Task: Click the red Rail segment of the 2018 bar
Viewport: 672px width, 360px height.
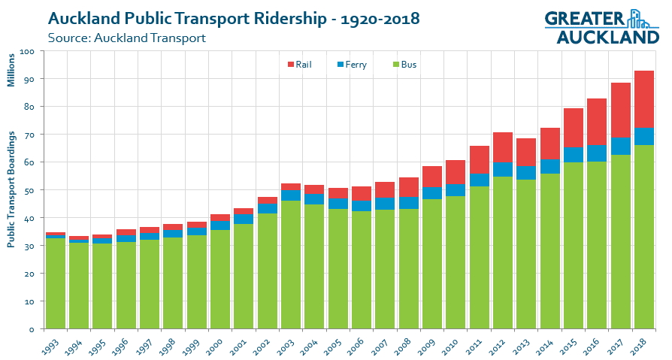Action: pyautogui.click(x=643, y=99)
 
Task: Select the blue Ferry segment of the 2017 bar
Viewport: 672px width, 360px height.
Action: pyautogui.click(x=620, y=147)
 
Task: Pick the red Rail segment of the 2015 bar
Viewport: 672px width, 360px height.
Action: pyautogui.click(x=574, y=128)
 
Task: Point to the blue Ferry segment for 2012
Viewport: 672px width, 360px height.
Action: pyautogui.click(x=503, y=169)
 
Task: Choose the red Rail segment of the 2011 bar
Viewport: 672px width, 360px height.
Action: pyautogui.click(x=480, y=160)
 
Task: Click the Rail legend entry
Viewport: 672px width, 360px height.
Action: pyautogui.click(x=299, y=65)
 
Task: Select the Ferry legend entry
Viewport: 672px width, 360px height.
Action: pyautogui.click(x=351, y=65)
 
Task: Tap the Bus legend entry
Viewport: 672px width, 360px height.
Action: pyautogui.click(x=403, y=65)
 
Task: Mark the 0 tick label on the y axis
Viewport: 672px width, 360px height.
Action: pyautogui.click(x=32, y=329)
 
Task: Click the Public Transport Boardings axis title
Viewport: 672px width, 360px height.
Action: pyautogui.click(x=11, y=189)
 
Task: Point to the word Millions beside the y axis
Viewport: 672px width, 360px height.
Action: pyautogui.click(x=11, y=69)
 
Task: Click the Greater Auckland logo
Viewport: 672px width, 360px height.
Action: pyautogui.click(x=601, y=27)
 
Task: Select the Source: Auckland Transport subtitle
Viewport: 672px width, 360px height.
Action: pyautogui.click(x=126, y=37)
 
